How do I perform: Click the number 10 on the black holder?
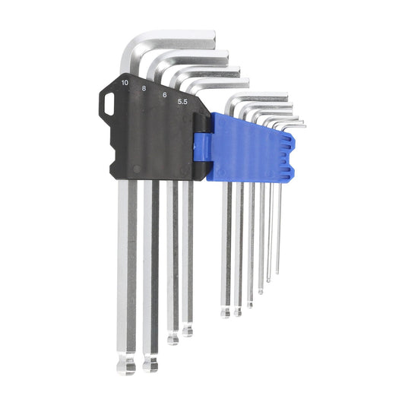pyautogui.click(x=125, y=83)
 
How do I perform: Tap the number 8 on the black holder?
pyautogui.click(x=144, y=88)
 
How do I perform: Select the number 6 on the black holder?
pyautogui.click(x=165, y=95)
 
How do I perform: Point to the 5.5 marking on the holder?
pyautogui.click(x=182, y=102)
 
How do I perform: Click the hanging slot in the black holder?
pyautogui.click(x=109, y=104)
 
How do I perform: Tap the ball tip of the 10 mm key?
pyautogui.click(x=126, y=365)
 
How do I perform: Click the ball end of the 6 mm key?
pyautogui.click(x=172, y=338)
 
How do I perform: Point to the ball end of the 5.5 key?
pyautogui.click(x=187, y=331)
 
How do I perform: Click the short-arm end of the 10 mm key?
pyautogui.click(x=212, y=40)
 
